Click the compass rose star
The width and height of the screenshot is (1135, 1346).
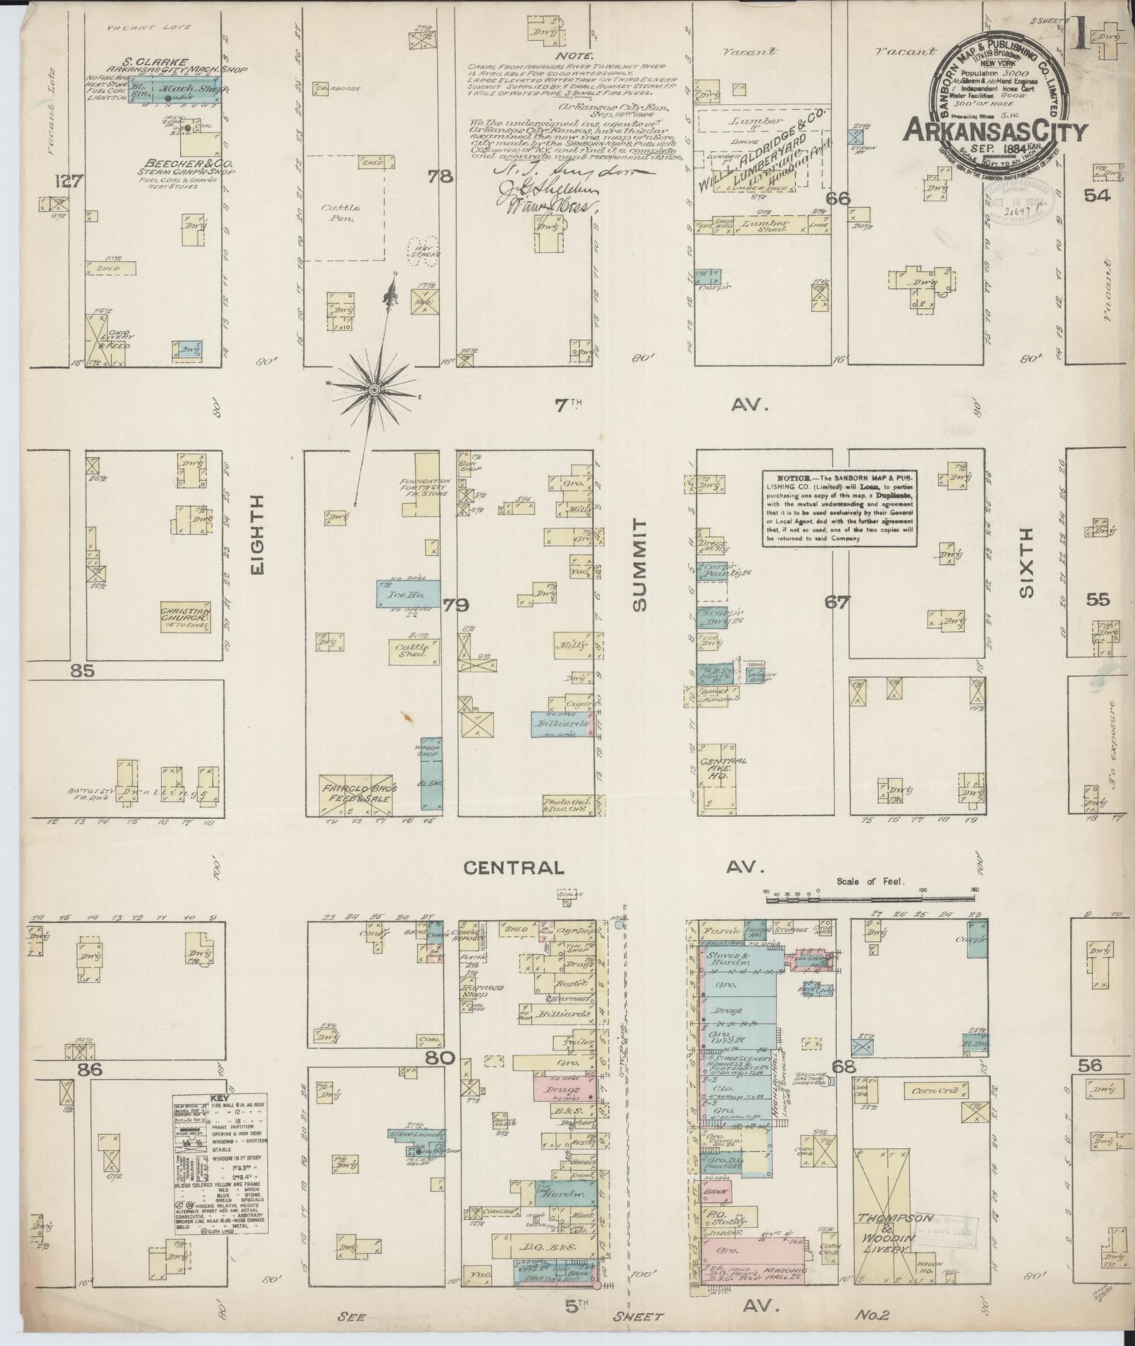pos(375,389)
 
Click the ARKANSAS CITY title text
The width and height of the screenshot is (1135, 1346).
pos(994,130)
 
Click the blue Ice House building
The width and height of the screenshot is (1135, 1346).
pos(407,594)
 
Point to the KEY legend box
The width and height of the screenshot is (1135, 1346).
pos(220,1174)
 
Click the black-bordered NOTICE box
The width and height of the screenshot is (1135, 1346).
pos(839,507)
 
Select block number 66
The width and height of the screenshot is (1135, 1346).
pos(838,198)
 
